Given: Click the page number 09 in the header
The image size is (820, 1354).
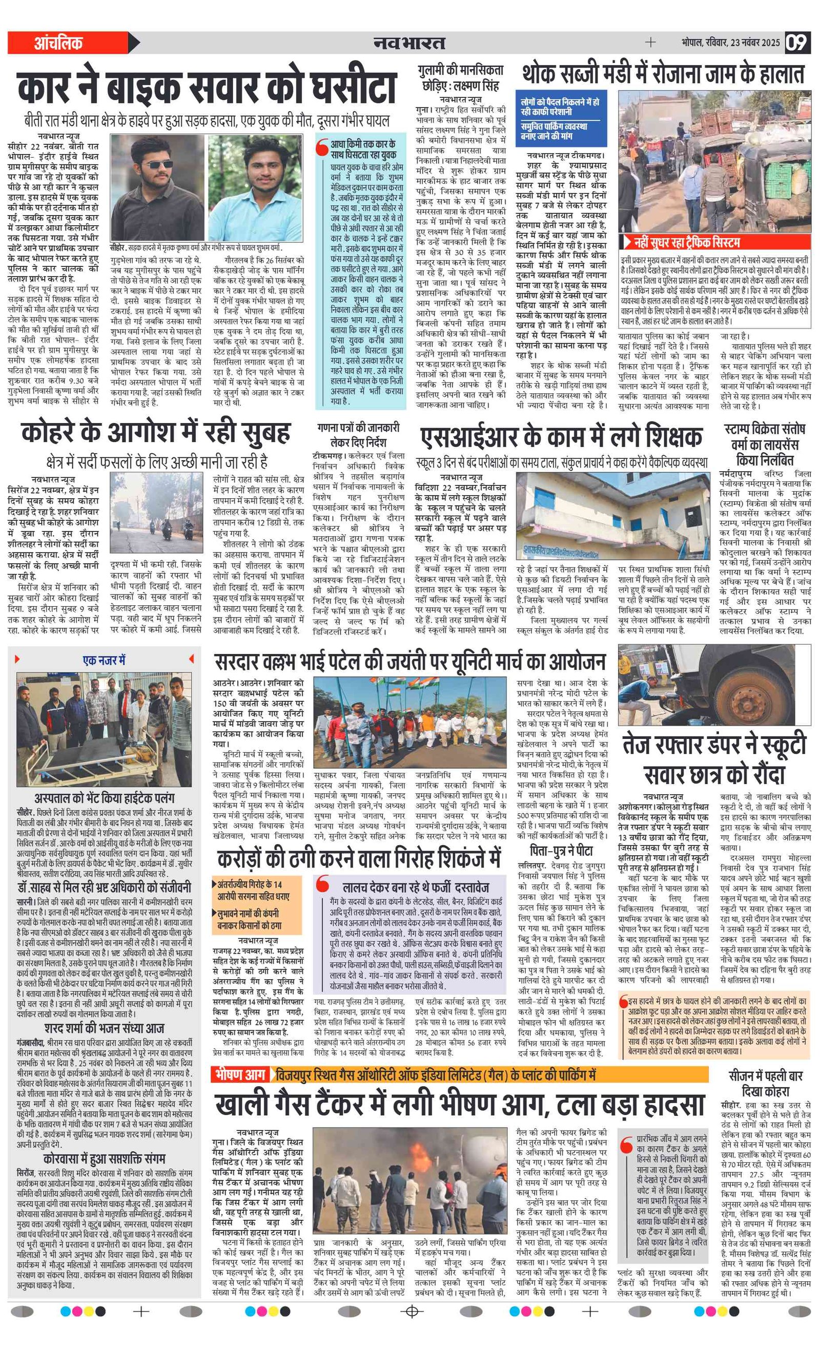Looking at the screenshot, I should click(x=796, y=43).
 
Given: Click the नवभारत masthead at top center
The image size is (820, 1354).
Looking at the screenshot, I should click(x=409, y=43).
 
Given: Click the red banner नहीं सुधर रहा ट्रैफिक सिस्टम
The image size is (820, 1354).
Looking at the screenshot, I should click(x=685, y=242).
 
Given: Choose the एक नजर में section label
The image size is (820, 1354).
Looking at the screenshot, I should click(x=104, y=659).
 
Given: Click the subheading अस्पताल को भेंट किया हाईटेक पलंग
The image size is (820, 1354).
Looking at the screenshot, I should click(x=104, y=797).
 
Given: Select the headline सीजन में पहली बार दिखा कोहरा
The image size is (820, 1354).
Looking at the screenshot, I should click(x=765, y=1083).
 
